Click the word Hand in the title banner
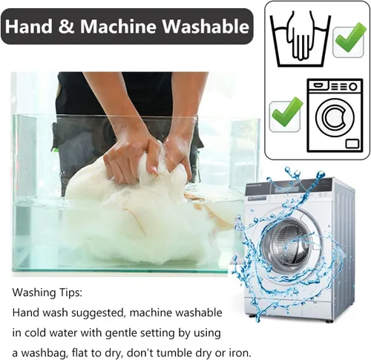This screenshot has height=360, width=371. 29,26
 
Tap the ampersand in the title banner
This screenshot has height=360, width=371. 66,26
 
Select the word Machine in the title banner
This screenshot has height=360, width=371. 118,26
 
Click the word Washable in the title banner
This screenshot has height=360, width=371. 206,26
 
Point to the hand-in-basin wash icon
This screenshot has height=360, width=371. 300,39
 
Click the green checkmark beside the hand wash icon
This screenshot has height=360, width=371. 349,39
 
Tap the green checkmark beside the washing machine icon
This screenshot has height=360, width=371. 286,114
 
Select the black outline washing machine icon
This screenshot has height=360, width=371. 335,116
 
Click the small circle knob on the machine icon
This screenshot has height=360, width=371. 354,87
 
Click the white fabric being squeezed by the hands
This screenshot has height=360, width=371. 148,210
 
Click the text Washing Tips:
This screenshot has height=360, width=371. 47,292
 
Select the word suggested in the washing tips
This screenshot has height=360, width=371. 97,313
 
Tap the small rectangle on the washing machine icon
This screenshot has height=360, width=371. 352,143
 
